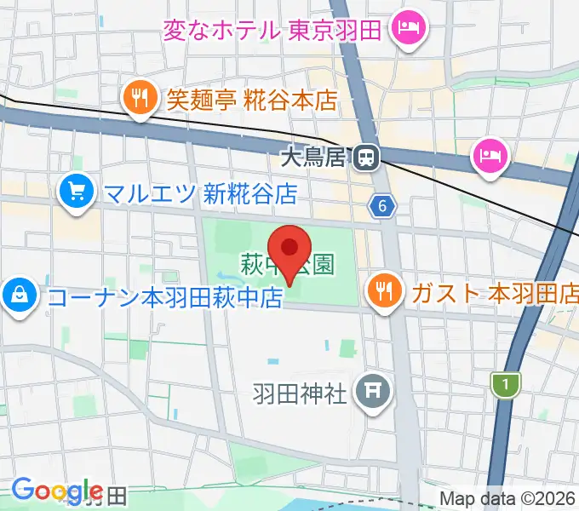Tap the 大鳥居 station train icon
[x=368, y=157]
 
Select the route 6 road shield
[x=384, y=204]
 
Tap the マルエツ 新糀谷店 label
[x=200, y=193]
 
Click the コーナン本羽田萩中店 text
[x=164, y=297]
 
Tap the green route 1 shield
[x=506, y=385]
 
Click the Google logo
[x=56, y=491]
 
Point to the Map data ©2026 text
[x=507, y=498]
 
